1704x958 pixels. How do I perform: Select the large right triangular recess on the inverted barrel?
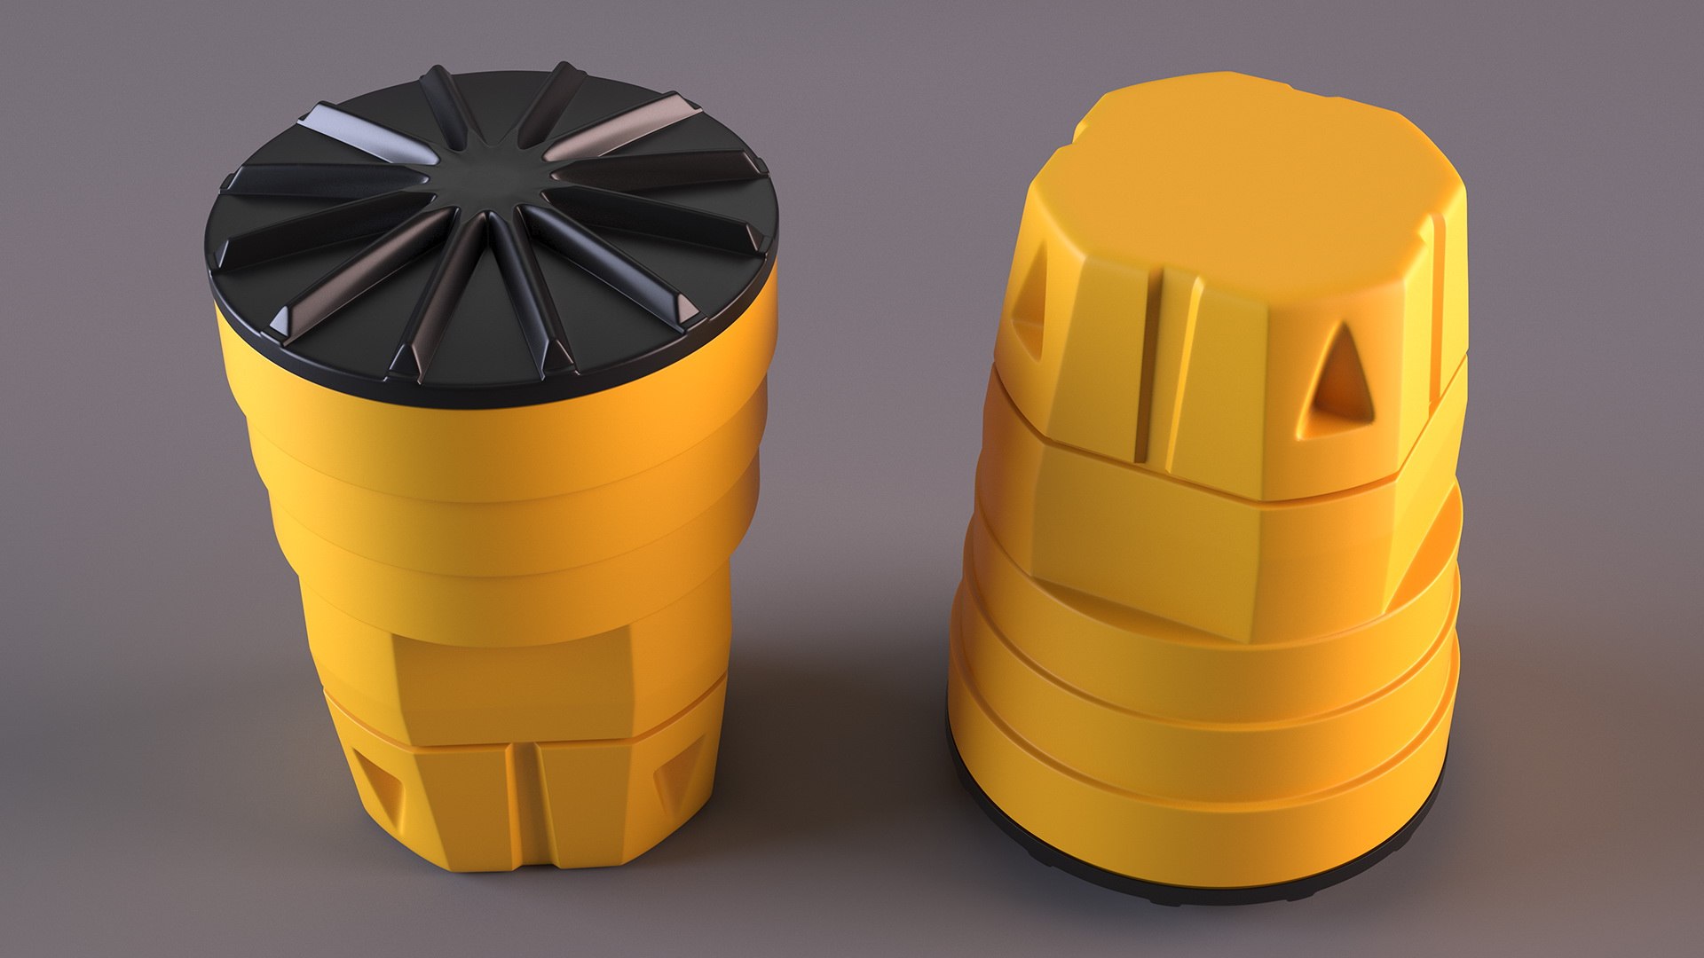click(x=1341, y=376)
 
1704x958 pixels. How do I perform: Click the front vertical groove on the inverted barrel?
click(x=1151, y=373)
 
